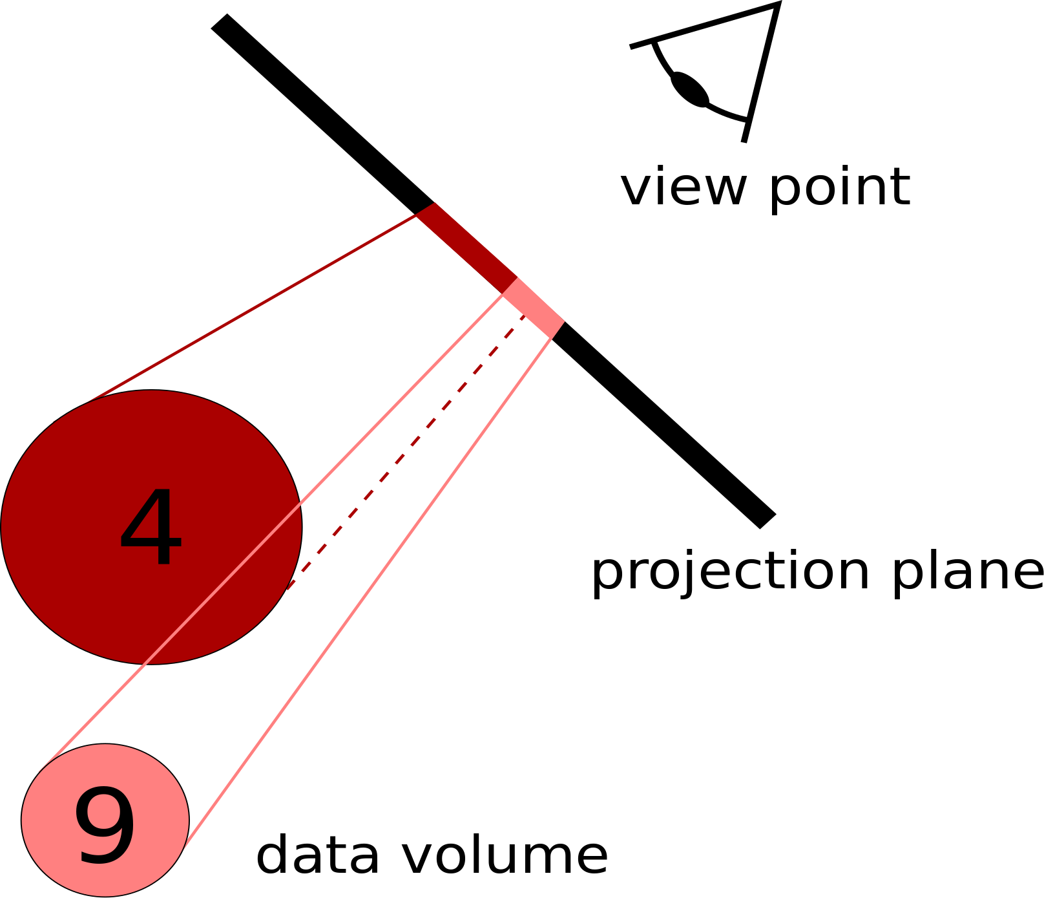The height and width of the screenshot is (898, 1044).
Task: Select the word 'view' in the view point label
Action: point(684,187)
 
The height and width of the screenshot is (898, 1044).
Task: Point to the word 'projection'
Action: point(730,572)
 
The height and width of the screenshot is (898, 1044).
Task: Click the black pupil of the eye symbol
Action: point(690,89)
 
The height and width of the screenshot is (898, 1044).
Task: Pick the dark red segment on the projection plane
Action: point(466,248)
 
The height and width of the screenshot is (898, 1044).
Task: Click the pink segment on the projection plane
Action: point(534,308)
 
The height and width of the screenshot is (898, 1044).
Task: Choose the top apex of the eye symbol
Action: point(778,5)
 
